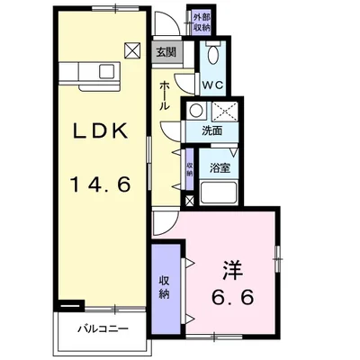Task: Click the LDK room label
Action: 101,130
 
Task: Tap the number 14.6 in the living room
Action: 100,184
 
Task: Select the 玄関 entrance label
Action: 166,52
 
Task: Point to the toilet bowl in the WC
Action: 213,55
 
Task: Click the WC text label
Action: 212,85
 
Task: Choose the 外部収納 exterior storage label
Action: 202,22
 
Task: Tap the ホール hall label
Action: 165,96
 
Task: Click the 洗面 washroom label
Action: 212,130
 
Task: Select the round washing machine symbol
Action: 196,111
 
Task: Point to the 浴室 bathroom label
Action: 220,168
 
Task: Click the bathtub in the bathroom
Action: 219,193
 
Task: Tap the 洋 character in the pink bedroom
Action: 232,270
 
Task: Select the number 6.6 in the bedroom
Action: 233,297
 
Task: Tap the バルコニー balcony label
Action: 103,328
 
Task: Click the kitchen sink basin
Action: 107,72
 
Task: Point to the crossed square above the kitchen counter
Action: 132,51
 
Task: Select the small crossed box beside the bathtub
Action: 189,201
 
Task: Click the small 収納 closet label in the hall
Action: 190,169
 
